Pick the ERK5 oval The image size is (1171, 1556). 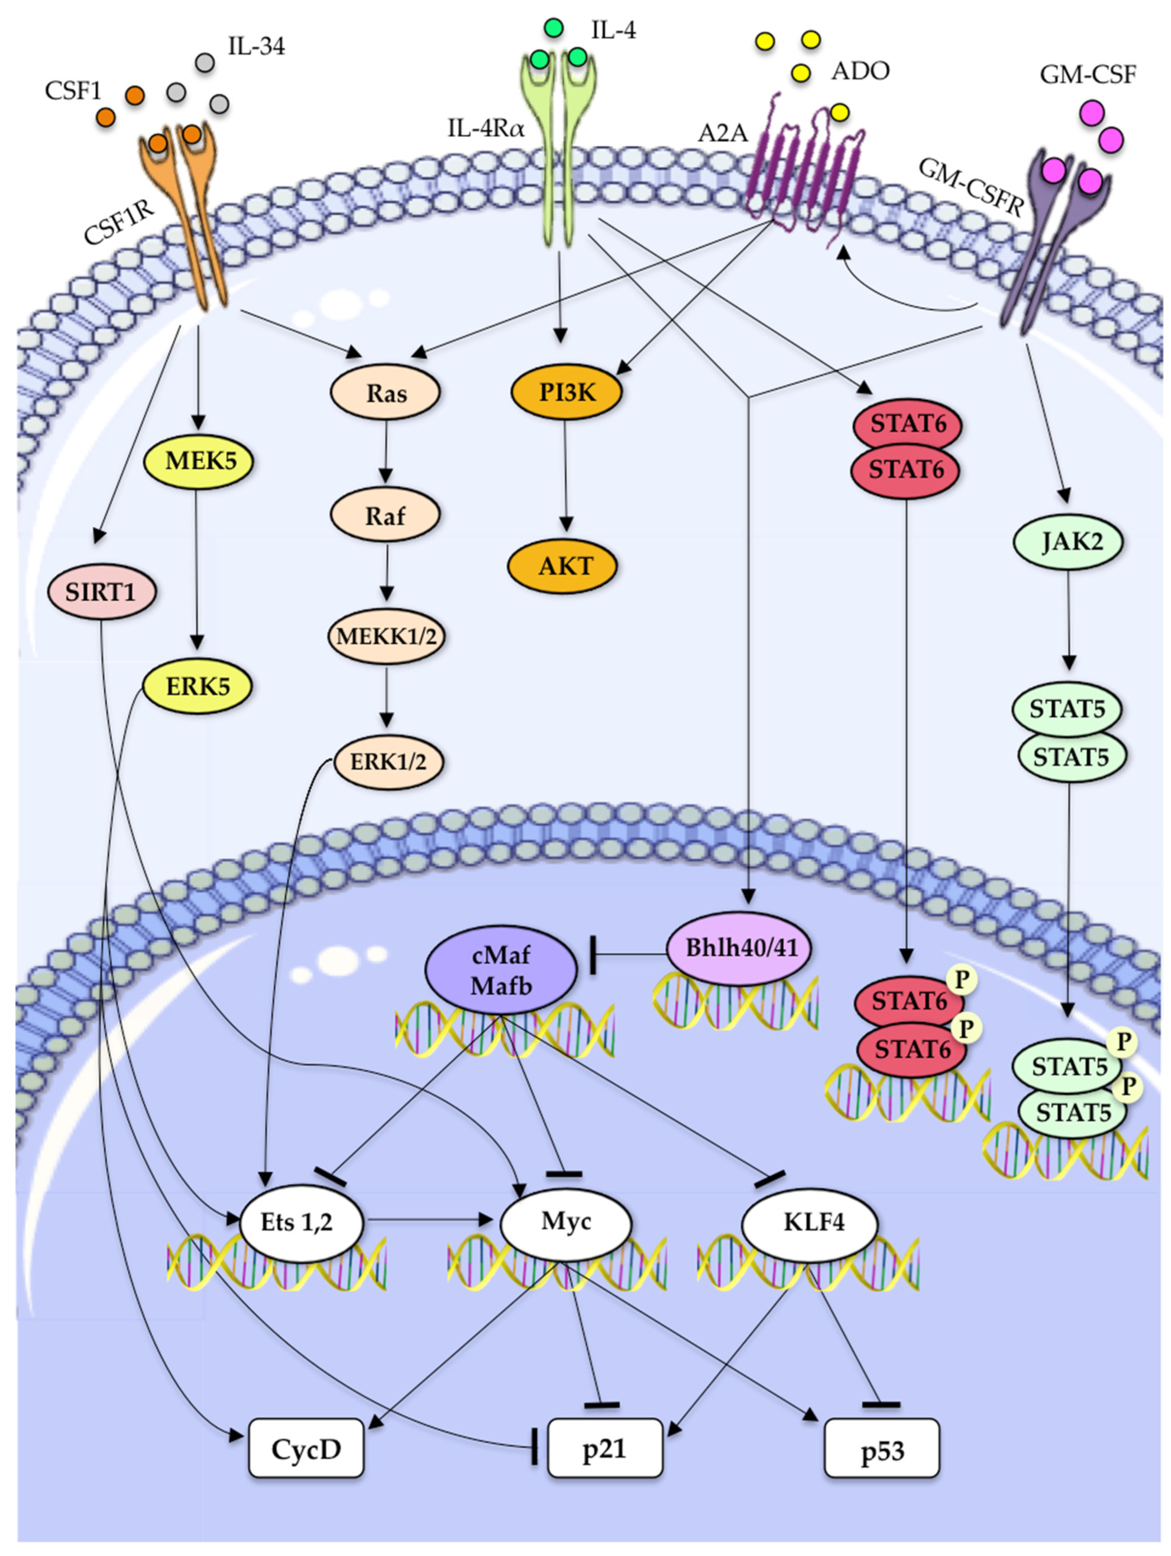198,686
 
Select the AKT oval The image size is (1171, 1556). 563,566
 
